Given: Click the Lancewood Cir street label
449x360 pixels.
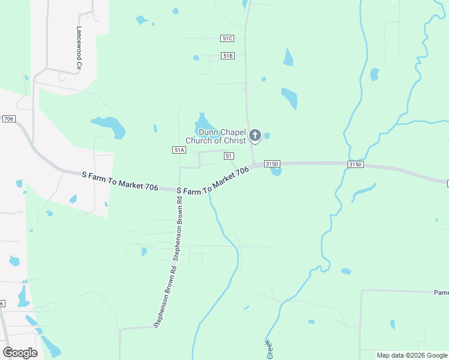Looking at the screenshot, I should [79, 41].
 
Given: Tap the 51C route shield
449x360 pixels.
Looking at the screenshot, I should [227, 38].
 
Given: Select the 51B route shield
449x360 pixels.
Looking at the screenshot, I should [227, 56].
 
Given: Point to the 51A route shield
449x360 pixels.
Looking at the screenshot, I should [178, 150].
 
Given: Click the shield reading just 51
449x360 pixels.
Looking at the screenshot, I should [229, 156].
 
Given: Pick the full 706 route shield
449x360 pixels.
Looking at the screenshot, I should [8, 119].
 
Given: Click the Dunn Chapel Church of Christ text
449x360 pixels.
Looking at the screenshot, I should [215, 137].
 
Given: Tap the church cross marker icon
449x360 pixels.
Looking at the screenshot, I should [255, 136].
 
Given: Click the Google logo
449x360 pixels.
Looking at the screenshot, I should [20, 352].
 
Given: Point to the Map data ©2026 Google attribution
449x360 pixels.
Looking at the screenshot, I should [412, 355].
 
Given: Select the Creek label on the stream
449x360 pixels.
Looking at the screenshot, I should [268, 349].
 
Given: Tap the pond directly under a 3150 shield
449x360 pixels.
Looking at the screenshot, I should [276, 171].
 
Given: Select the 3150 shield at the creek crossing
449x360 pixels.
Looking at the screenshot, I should [355, 164].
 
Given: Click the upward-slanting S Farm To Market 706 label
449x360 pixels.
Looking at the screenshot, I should [213, 181].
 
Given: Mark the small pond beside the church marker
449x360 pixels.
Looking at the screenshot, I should [267, 136].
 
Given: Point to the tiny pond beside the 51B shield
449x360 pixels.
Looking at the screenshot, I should [196, 58].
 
